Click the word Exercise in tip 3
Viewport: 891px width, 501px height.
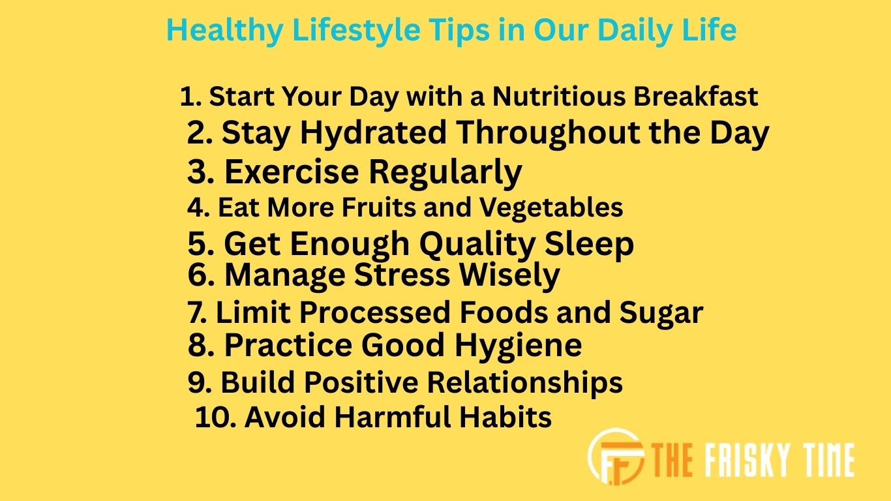[292, 172]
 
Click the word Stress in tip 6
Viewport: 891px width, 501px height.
[401, 275]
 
